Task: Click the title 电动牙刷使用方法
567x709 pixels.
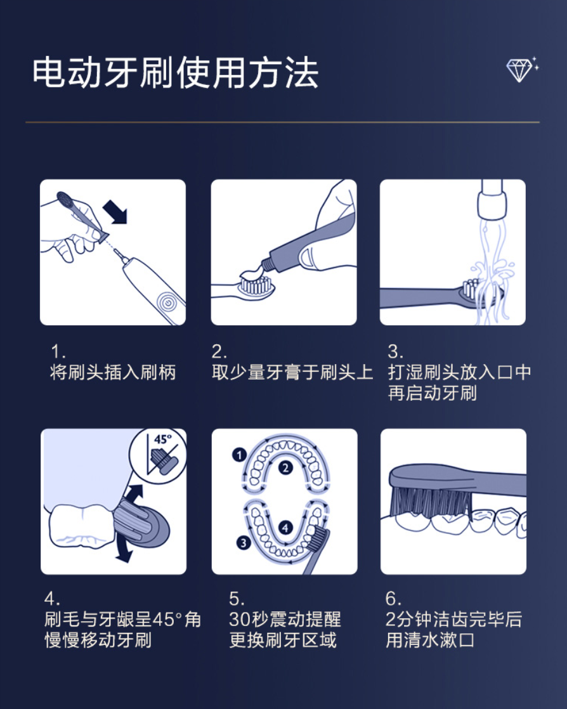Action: tap(176, 73)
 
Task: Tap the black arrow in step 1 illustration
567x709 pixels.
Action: tap(115, 212)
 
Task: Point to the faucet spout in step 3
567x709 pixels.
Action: tap(491, 200)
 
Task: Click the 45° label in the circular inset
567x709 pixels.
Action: tap(163, 439)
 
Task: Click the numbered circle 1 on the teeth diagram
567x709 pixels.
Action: tap(239, 455)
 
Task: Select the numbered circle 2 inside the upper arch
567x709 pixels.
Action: tap(285, 468)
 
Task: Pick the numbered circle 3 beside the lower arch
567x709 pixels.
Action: tap(244, 543)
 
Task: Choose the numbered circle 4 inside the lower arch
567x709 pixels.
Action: tap(285, 527)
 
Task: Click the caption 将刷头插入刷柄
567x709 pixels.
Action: tap(113, 372)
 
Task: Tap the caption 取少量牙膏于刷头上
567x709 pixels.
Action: tap(292, 372)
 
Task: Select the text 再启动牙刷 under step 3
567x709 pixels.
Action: tap(433, 393)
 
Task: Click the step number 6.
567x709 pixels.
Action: tap(393, 599)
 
